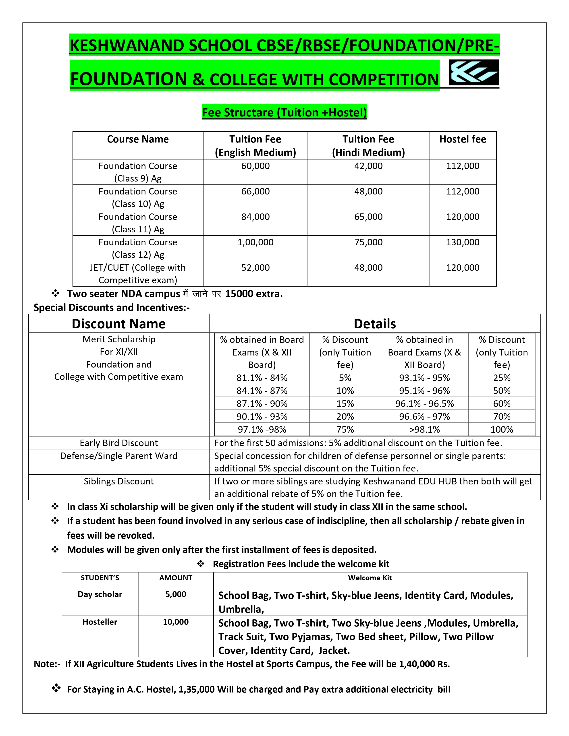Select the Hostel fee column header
pos(463,139)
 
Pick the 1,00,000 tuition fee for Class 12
pos(255,242)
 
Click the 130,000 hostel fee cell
pos(463,242)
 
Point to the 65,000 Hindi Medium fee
pos(368,217)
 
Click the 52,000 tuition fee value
pos(255,268)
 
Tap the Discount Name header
pos(119,324)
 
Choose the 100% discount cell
pos(502,430)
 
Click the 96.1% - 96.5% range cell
pos(424,404)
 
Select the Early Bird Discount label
pos(119,443)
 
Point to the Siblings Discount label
pos(119,481)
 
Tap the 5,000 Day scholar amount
pos(176,594)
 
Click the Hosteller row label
pos(100,622)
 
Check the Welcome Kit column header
pos(370,578)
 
